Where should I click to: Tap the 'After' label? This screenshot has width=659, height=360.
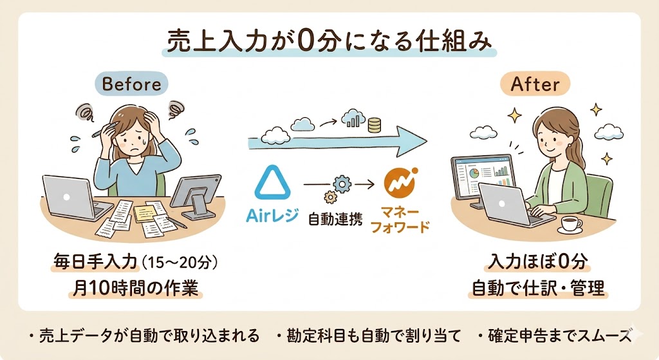pos(534,84)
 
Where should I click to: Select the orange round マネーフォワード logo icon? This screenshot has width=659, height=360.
pos(400,182)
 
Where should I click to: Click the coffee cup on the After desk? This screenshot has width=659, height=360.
pos(569,223)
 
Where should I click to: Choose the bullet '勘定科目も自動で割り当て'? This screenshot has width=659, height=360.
pos(369,335)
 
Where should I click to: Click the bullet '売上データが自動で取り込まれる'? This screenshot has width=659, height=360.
pos(144,335)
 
